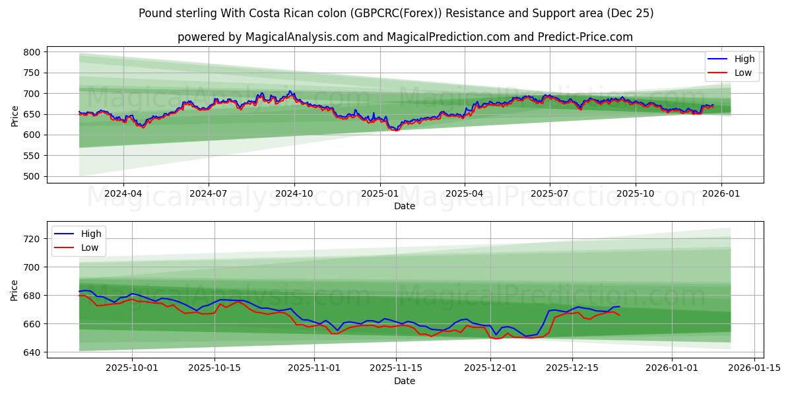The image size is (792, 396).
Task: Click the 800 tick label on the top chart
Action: pos(32,52)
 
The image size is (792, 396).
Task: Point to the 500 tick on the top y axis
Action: pos(32,176)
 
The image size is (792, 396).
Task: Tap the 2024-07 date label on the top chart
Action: pos(209,194)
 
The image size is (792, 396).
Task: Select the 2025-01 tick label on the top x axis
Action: pos(379,194)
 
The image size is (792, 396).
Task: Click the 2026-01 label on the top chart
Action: pos(721,194)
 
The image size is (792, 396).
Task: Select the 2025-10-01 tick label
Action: pos(132,368)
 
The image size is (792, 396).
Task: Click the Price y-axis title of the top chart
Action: pos(15,116)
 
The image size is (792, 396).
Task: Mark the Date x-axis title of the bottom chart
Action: pos(405,381)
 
